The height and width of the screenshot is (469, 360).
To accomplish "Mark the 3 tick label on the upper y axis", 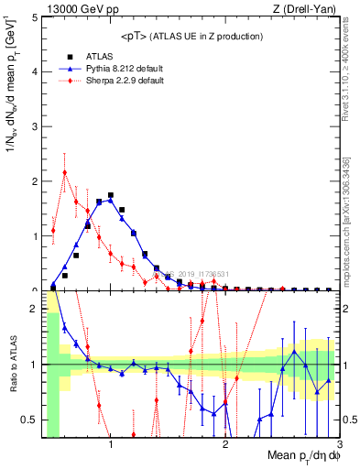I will point(34,126).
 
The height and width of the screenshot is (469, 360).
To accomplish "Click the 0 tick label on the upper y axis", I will point(34,289).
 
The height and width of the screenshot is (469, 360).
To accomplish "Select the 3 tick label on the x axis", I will point(339,445).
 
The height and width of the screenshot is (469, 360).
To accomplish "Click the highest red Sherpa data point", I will point(65,172).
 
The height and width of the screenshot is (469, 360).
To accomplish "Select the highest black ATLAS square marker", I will point(111,195).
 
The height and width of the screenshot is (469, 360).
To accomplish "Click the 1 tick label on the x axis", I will point(111,445).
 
